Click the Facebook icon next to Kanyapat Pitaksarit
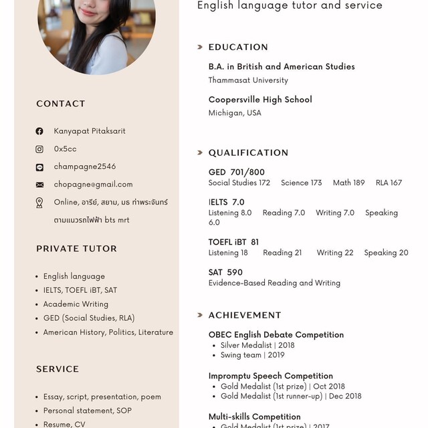39,131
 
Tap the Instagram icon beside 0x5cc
39,149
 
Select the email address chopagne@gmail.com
93,185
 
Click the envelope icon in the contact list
39,185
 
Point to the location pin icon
39,203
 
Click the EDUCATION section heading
238,47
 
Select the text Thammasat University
248,80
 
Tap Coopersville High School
260,100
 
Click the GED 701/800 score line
236,173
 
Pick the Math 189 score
348,183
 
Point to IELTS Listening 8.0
230,213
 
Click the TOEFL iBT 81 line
233,242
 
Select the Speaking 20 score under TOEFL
386,253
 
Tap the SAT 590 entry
225,272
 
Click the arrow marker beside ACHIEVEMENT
200,315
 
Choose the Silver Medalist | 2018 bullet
257,346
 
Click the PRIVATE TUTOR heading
76,249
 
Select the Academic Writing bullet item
76,304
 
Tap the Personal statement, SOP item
87,411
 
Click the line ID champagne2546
84,167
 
